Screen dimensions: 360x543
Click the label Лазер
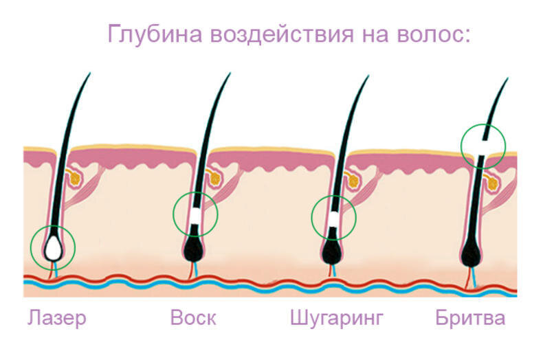[x=57, y=319]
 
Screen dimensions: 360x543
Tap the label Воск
[x=192, y=319]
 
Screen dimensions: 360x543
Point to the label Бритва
[x=470, y=319]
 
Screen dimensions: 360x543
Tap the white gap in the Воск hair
[x=196, y=214]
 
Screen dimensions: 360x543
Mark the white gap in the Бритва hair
[x=485, y=145]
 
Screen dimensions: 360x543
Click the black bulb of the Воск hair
[x=194, y=249]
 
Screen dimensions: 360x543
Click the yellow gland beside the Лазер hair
[x=75, y=178]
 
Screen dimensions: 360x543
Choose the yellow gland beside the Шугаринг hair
[x=353, y=180]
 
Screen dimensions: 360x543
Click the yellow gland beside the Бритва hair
[x=492, y=181]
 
